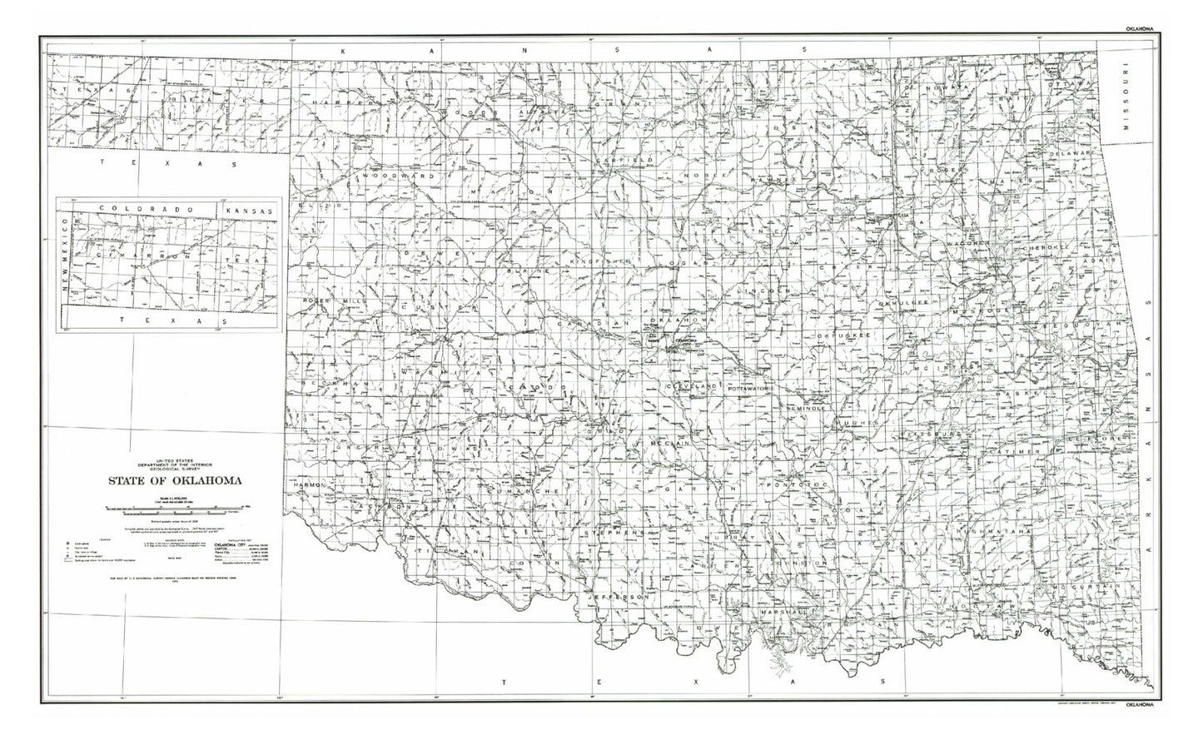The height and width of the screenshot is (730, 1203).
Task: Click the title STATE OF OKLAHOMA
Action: point(173,480)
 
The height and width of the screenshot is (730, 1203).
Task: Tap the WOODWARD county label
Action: point(389,177)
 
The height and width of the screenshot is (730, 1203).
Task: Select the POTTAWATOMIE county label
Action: point(751,389)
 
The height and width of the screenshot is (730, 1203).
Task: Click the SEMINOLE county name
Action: point(803,409)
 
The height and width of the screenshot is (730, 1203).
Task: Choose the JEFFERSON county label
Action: point(617,598)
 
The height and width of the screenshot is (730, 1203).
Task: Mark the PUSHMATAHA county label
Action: point(995,531)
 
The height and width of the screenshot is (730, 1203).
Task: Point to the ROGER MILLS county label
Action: point(330,300)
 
